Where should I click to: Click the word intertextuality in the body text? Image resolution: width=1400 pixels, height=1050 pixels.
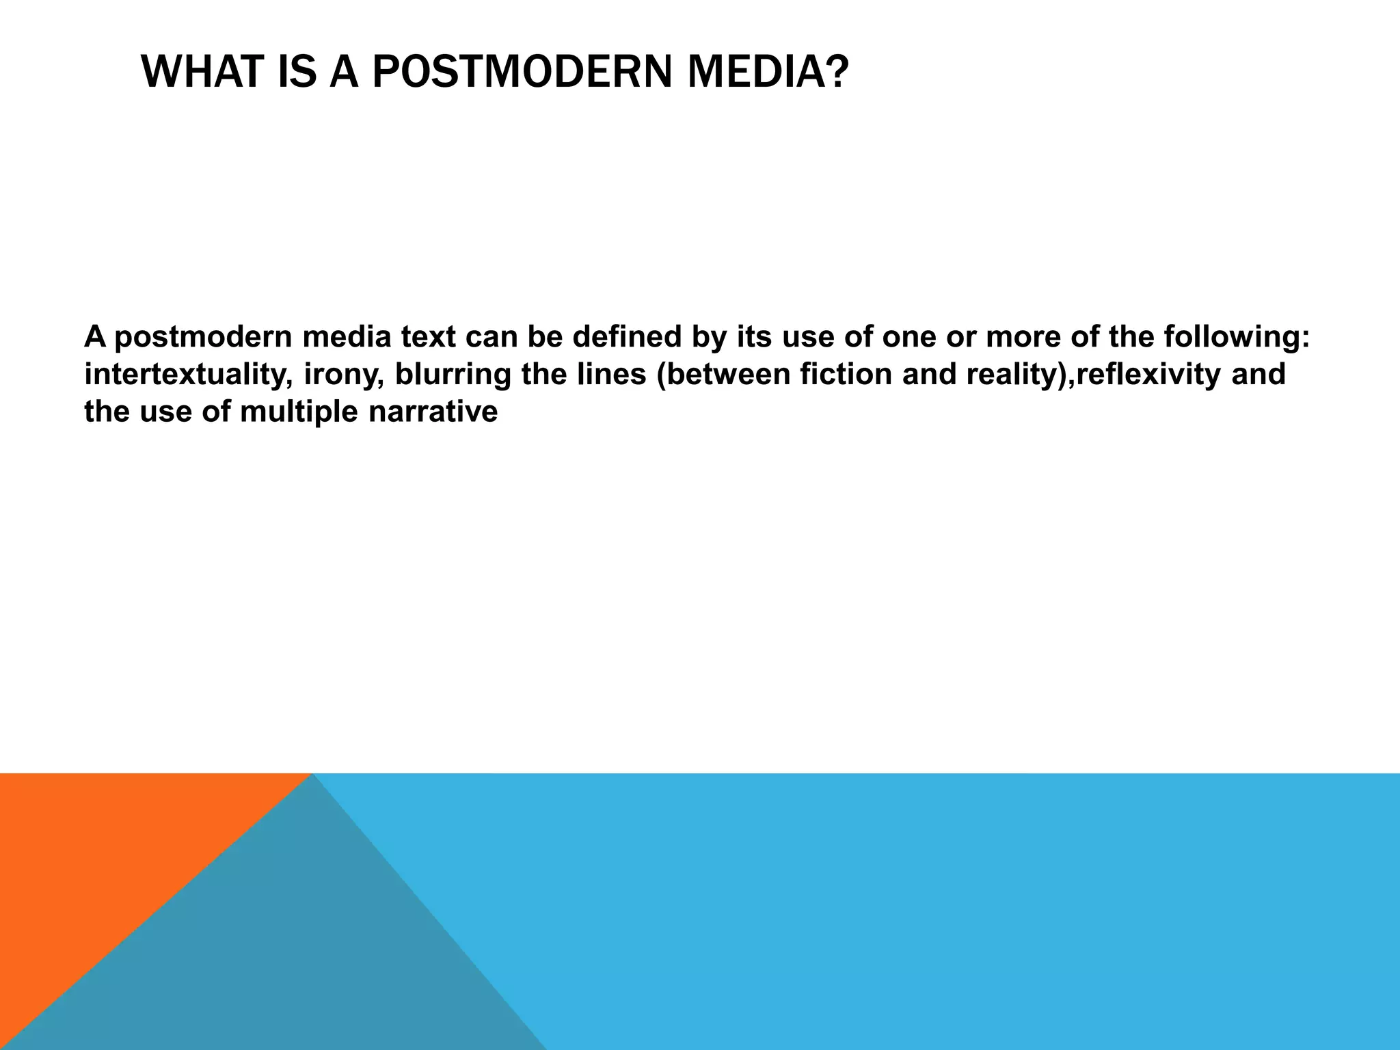184,375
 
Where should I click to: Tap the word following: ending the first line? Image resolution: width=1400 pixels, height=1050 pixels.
1237,338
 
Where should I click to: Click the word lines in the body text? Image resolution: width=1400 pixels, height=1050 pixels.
612,375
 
